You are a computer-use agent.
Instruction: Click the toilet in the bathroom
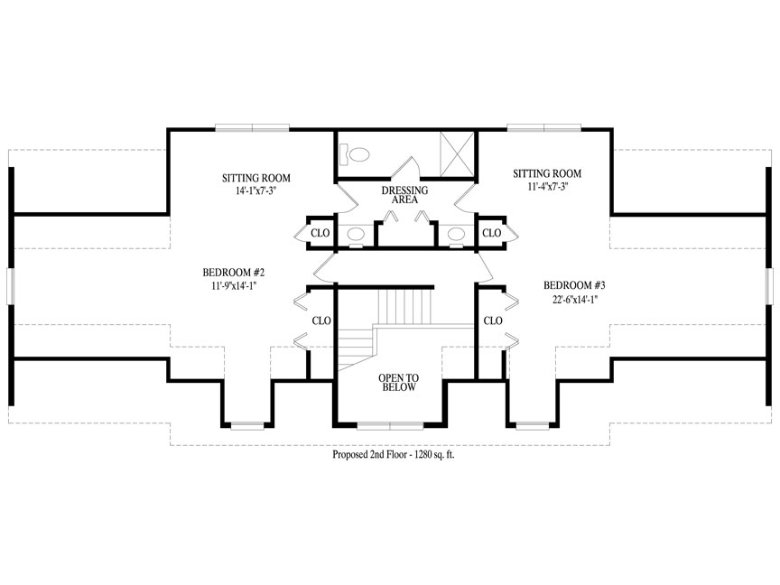coord(355,153)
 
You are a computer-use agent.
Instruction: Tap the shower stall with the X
coord(457,153)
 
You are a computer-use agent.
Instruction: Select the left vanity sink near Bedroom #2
coord(356,234)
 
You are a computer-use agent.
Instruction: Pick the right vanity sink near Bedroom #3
coord(456,234)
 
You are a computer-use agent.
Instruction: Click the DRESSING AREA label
coord(404,195)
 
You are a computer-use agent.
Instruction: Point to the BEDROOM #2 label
coord(233,273)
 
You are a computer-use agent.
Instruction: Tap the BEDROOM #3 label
coord(574,285)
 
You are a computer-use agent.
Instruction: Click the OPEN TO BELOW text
coord(398,383)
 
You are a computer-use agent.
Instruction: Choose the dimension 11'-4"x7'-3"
coord(548,187)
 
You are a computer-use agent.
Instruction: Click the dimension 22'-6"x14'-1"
coord(574,300)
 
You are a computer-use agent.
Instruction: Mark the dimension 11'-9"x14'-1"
coord(233,286)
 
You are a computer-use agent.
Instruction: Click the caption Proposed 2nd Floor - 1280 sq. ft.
coord(394,455)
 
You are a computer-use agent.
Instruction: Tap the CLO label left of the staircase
coord(321,320)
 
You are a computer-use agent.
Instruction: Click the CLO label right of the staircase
coord(493,320)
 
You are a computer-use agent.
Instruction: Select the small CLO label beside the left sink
coord(320,233)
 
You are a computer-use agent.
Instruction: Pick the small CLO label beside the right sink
coord(491,233)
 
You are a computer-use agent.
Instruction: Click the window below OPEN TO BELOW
coord(390,426)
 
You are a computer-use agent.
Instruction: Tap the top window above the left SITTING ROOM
coord(252,128)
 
